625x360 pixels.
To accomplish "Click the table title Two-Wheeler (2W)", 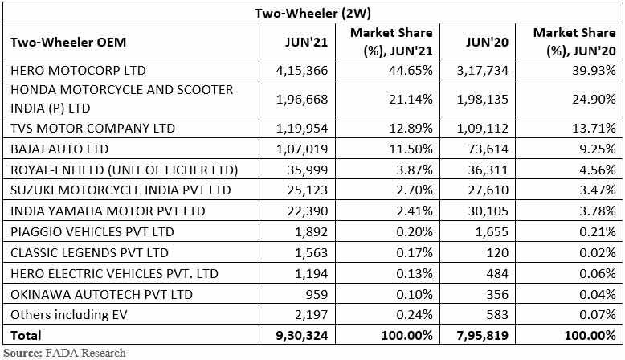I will tap(312, 13).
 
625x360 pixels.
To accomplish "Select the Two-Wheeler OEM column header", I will tap(68, 42).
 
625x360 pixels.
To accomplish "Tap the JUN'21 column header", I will tap(307, 42).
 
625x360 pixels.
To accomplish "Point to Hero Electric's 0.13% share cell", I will tap(415, 274).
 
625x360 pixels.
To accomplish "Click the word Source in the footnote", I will tap(23, 352).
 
